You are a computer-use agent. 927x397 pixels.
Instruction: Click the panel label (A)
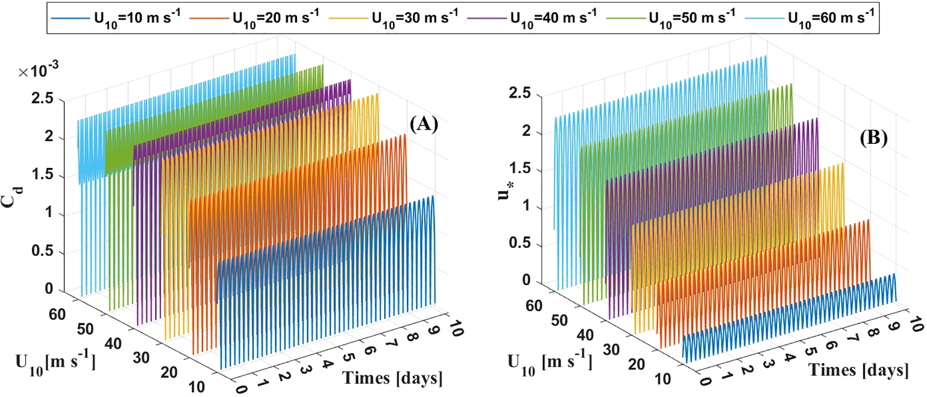click(x=423, y=124)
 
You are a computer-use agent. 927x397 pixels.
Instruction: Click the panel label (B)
click(x=873, y=138)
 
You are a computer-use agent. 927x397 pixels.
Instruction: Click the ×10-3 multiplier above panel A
click(x=39, y=70)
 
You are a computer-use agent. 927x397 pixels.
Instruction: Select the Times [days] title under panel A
click(x=392, y=378)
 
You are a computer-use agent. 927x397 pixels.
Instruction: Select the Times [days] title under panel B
click(x=858, y=370)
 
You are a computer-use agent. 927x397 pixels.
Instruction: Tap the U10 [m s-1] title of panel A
click(x=55, y=362)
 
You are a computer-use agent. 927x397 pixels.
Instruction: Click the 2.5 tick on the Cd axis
click(x=42, y=98)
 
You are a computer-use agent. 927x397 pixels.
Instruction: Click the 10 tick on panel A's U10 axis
click(x=197, y=387)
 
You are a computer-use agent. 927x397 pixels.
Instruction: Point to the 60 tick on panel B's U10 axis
click(x=534, y=306)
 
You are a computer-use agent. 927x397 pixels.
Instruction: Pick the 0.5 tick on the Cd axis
click(x=42, y=251)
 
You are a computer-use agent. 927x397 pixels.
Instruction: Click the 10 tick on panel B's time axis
click(x=915, y=325)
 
